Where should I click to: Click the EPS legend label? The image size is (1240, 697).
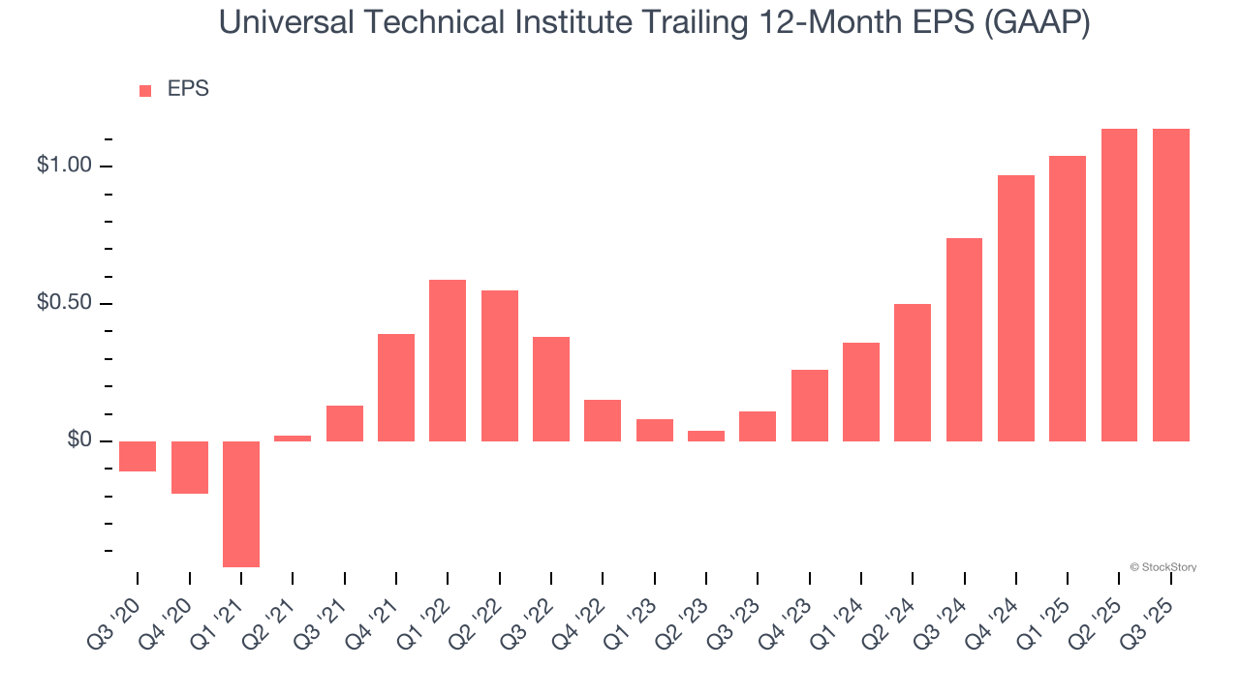pyautogui.click(x=188, y=89)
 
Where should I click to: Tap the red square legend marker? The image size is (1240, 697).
pyautogui.click(x=145, y=90)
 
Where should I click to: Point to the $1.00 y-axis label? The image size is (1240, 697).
pyautogui.click(x=63, y=166)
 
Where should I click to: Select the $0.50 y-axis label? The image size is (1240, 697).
pyautogui.click(x=63, y=303)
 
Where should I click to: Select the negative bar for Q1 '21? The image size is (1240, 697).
pyautogui.click(x=241, y=503)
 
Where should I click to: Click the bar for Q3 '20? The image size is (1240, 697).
pyautogui.click(x=138, y=456)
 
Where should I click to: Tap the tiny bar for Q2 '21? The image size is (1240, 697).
pyautogui.click(x=293, y=439)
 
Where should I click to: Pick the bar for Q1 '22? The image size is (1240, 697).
pyautogui.click(x=448, y=360)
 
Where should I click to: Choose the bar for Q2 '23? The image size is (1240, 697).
pyautogui.click(x=706, y=436)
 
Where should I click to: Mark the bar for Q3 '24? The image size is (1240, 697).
pyautogui.click(x=964, y=339)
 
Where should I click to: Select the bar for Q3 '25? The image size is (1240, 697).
pyautogui.click(x=1170, y=285)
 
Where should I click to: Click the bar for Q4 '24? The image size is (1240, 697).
pyautogui.click(x=1015, y=308)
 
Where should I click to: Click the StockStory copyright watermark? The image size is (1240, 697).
pyautogui.click(x=1162, y=567)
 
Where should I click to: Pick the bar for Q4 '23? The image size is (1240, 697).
pyautogui.click(x=809, y=405)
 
